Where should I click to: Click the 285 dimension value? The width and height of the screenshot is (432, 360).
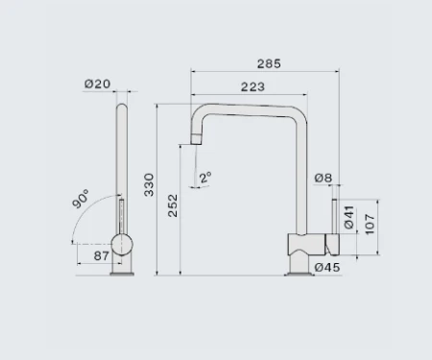point(270,64)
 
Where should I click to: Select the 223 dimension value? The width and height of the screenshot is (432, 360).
point(253,87)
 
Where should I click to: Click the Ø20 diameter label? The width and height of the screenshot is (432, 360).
point(97,84)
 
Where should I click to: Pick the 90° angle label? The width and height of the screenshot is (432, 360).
point(79,202)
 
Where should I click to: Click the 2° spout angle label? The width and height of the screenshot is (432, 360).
point(204,178)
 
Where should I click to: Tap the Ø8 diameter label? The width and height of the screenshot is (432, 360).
point(324,178)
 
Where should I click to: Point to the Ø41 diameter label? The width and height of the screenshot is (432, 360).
point(349,219)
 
